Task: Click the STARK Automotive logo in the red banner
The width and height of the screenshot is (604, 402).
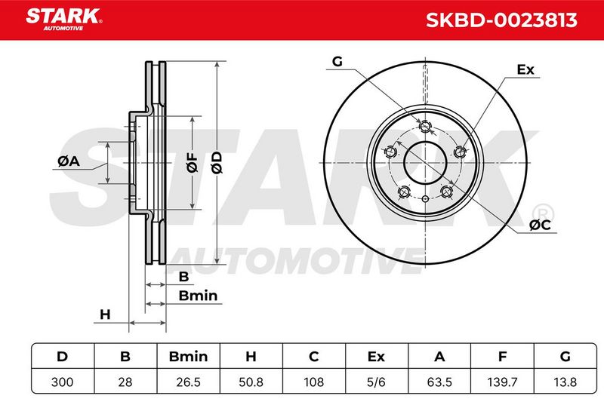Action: click(64, 20)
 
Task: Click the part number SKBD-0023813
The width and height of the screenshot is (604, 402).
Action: click(501, 20)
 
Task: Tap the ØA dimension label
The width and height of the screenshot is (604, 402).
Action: click(69, 161)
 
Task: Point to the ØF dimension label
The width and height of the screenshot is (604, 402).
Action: click(193, 162)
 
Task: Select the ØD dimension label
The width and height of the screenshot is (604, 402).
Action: click(217, 162)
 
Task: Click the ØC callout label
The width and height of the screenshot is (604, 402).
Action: click(540, 225)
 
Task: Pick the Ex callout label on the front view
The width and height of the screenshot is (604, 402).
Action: click(525, 69)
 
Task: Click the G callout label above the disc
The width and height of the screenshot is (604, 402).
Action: click(337, 61)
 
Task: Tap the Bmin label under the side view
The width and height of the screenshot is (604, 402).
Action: click(198, 296)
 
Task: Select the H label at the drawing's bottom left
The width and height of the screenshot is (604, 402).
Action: click(105, 315)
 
